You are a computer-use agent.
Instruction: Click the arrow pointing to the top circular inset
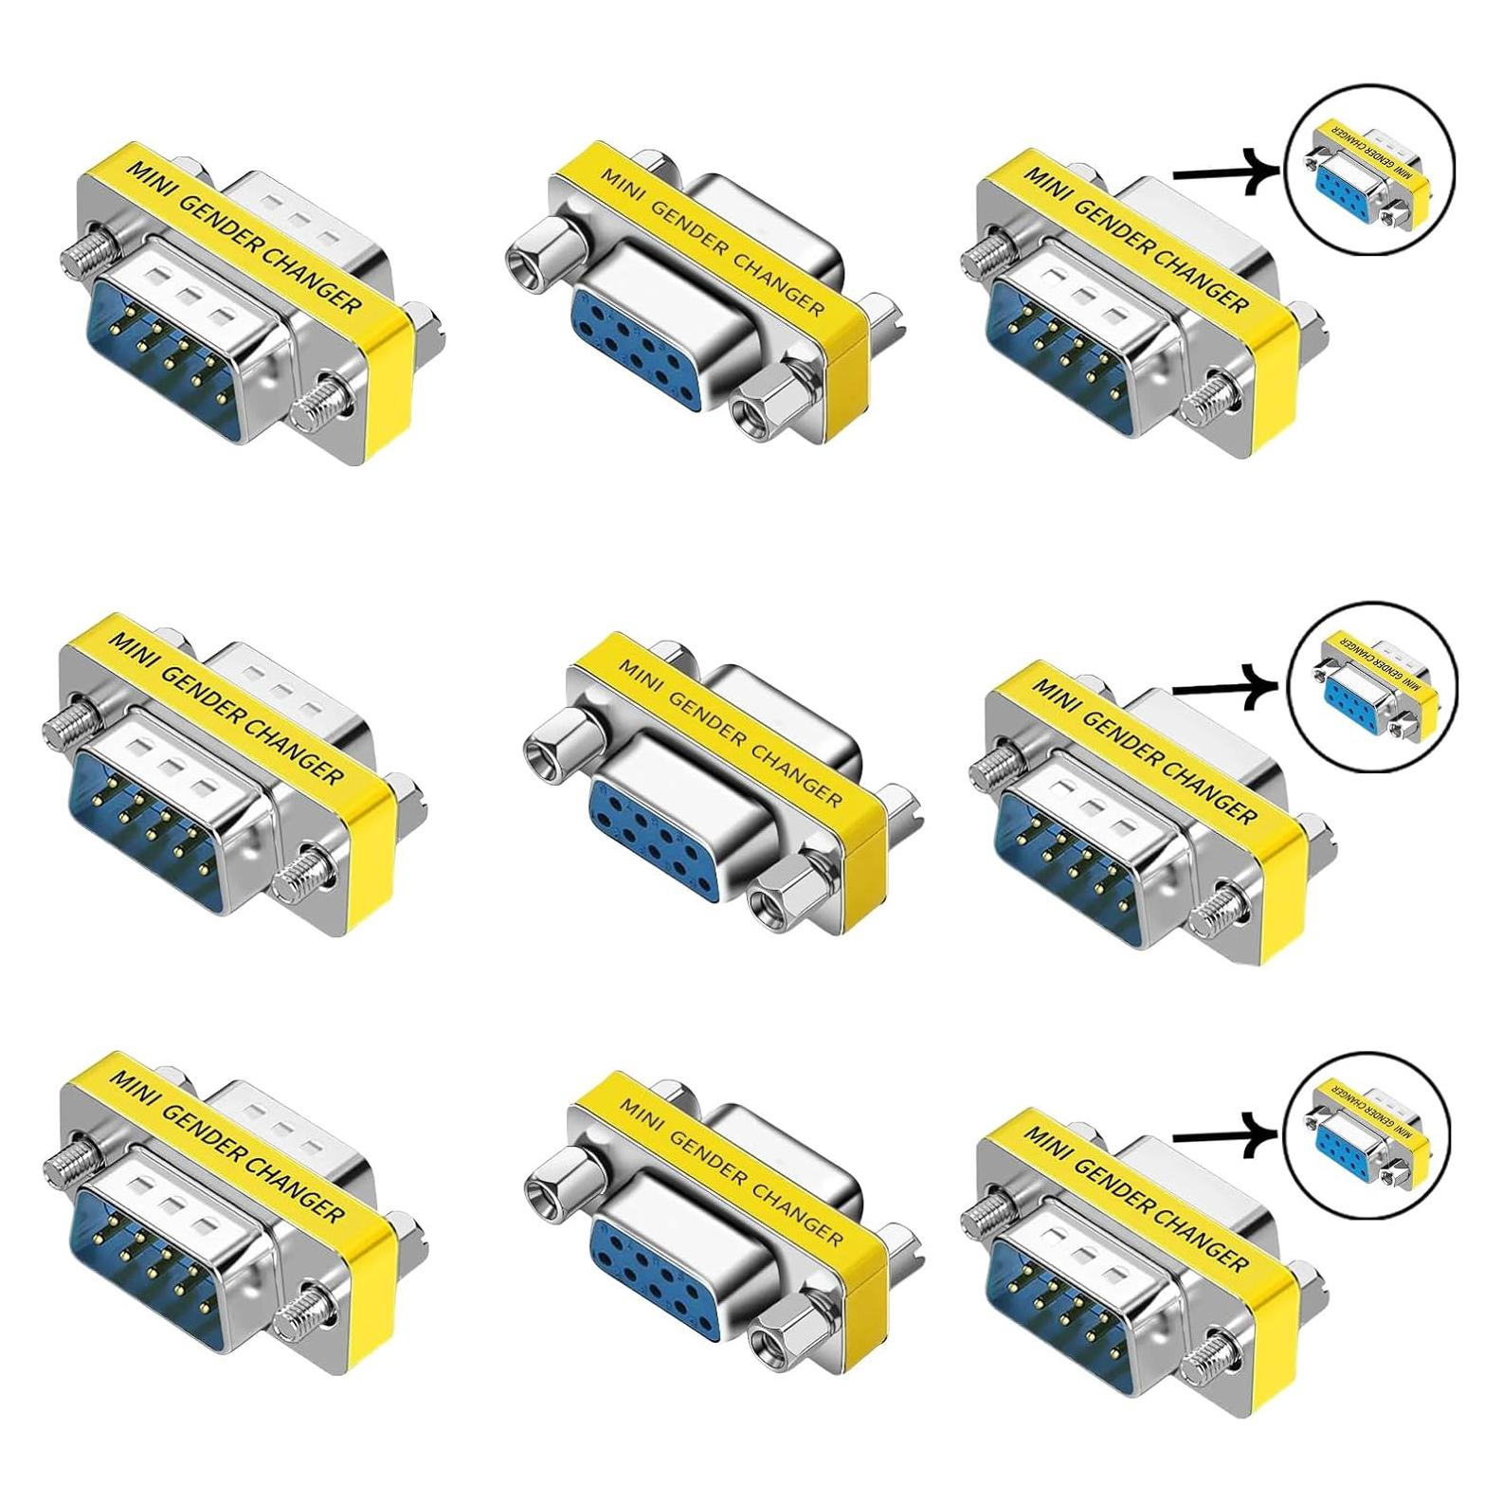(x=1222, y=172)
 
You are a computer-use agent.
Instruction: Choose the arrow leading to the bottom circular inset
(x=1222, y=1132)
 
